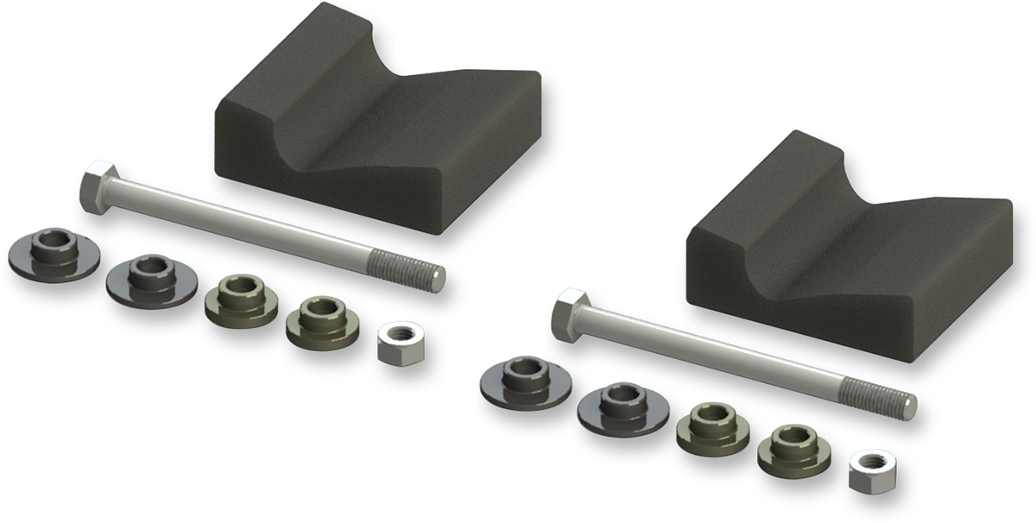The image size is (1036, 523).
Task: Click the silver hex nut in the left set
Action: point(401,340)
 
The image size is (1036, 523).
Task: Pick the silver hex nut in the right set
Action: point(871,469)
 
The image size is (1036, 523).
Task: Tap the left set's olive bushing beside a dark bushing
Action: point(242,298)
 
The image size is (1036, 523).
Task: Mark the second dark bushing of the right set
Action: point(622,406)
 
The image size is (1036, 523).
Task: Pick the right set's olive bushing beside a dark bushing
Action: point(713,427)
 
